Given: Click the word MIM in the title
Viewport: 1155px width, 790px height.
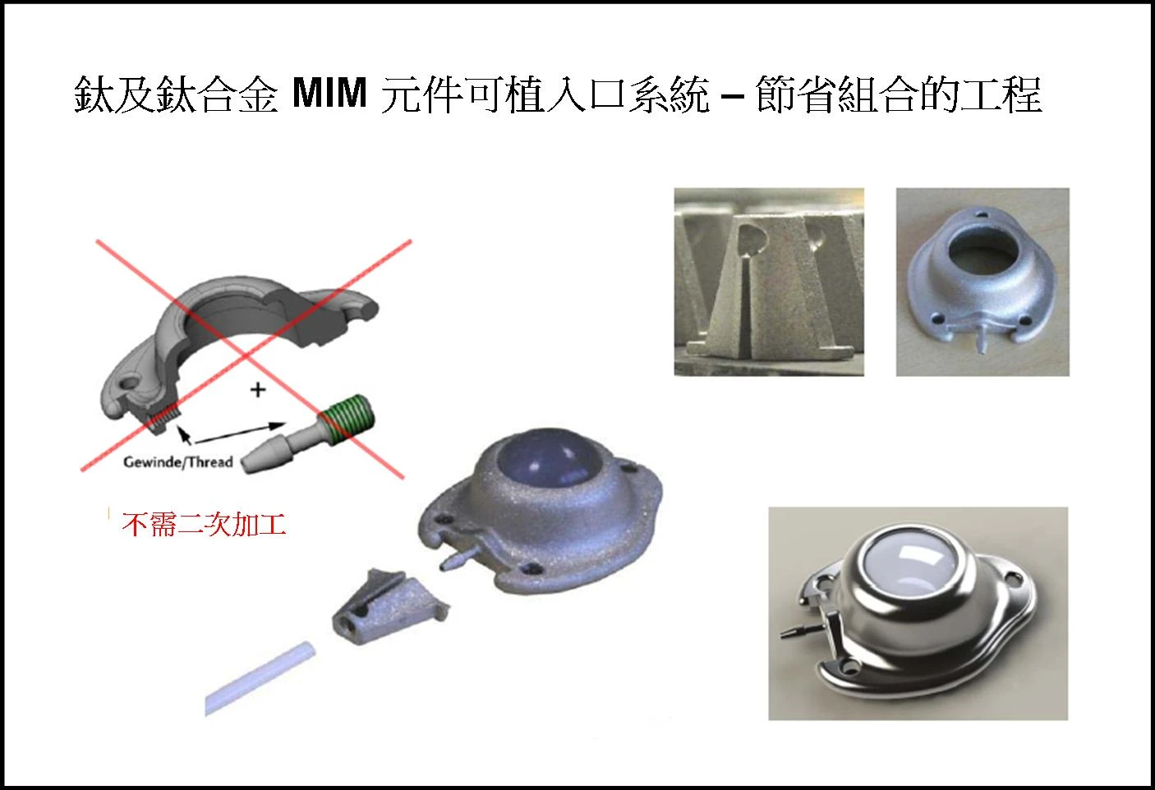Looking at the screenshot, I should click(329, 94).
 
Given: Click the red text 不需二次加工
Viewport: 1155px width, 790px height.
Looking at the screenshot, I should click(204, 524).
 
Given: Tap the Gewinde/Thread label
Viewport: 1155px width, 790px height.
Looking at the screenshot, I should click(178, 462).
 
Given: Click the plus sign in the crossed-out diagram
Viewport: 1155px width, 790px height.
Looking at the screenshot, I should click(258, 389).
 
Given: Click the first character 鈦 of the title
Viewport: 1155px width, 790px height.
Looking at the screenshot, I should click(92, 94).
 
